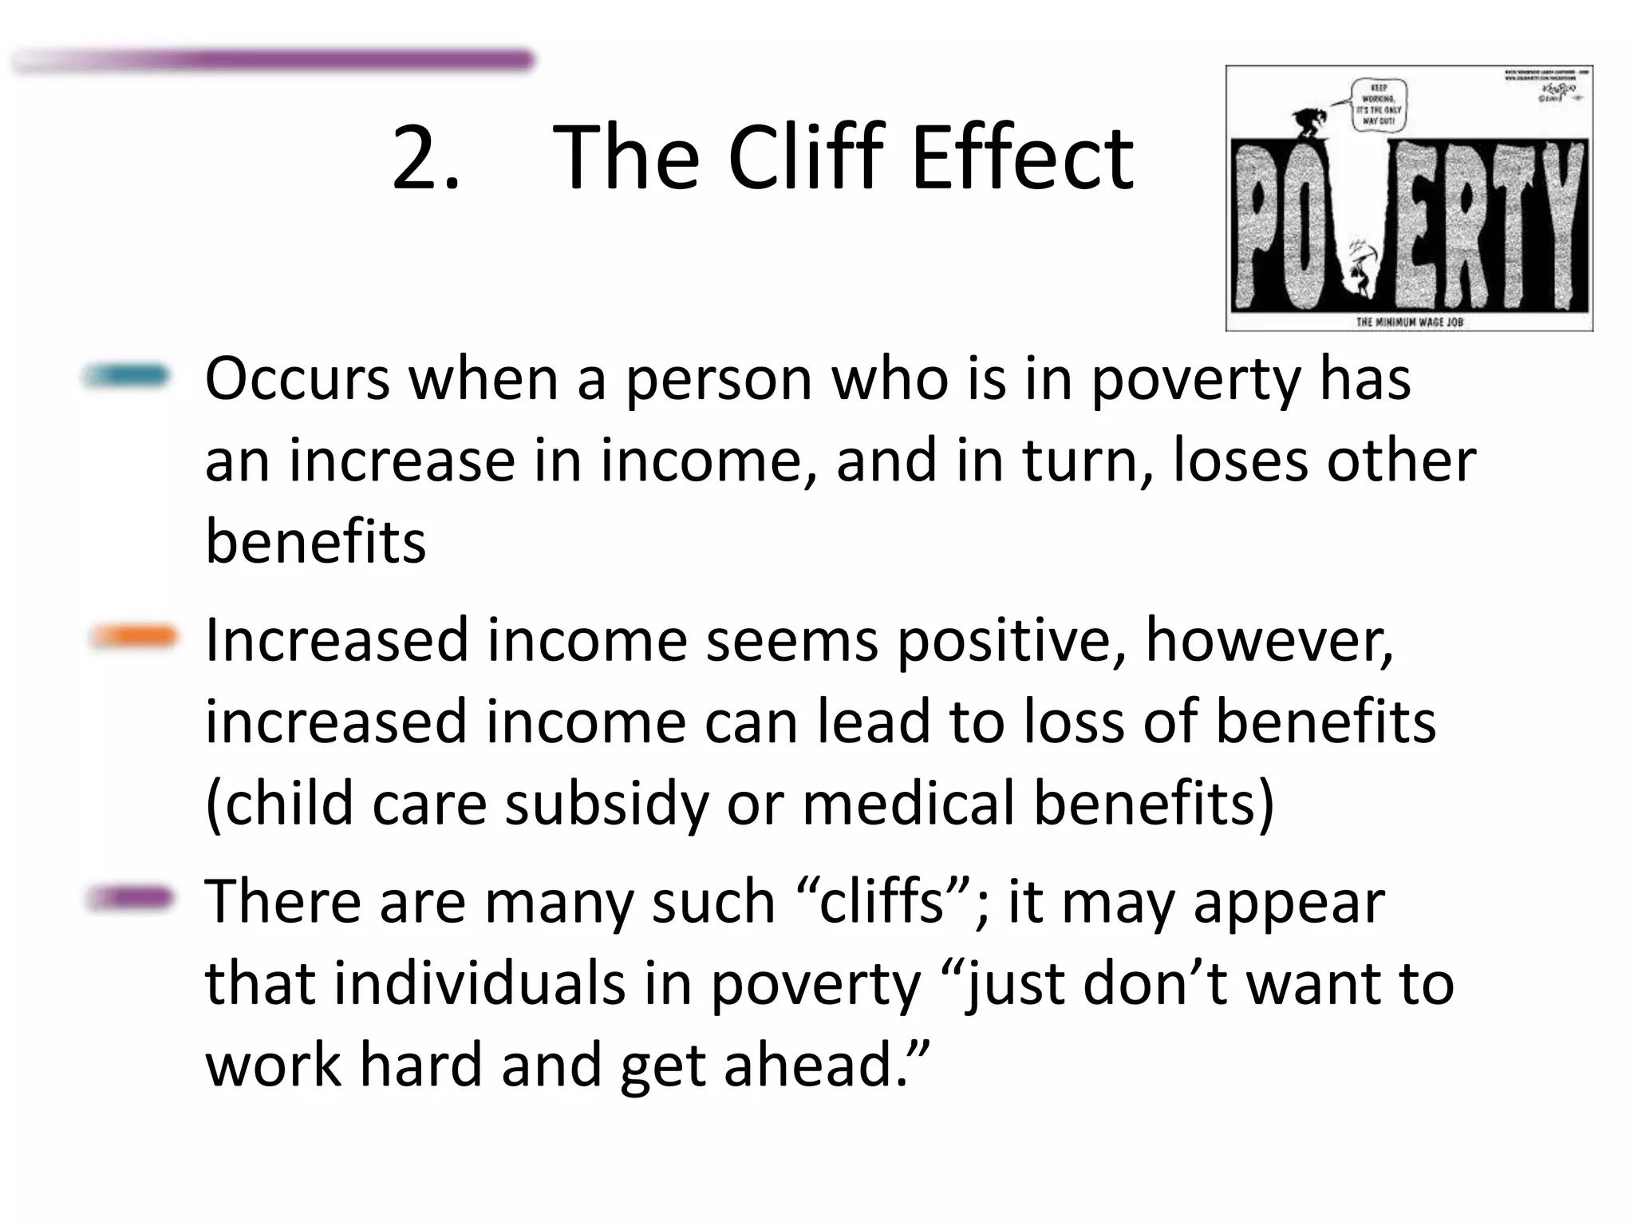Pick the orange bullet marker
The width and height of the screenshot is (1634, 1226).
point(132,636)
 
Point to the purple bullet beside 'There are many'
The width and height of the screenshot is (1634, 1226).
point(129,898)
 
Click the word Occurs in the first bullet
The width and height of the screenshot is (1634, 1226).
point(298,379)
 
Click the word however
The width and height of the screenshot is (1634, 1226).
point(1269,641)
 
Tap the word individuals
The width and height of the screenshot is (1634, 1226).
point(479,983)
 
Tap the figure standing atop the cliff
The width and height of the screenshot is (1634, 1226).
point(1308,125)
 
